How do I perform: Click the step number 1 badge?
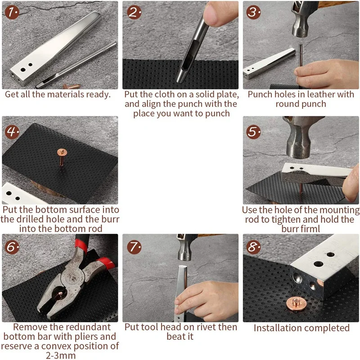pyautogui.click(x=12, y=12)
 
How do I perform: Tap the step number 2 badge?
pyautogui.click(x=134, y=12)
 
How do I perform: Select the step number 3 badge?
pyautogui.click(x=253, y=12)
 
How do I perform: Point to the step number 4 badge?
pyautogui.click(x=12, y=132)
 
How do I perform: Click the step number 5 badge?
pyautogui.click(x=253, y=132)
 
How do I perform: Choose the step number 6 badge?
pyautogui.click(x=12, y=247)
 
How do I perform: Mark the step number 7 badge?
pyautogui.click(x=134, y=247)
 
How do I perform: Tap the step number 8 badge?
pyautogui.click(x=253, y=247)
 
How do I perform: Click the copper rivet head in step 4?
pyautogui.click(x=62, y=152)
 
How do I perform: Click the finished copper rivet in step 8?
pyautogui.click(x=296, y=303)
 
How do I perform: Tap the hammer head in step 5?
pyautogui.click(x=299, y=138)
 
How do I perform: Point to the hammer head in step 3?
pyautogui.click(x=301, y=19)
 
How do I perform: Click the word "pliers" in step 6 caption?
pyautogui.click(x=86, y=337)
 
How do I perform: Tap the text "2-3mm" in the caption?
pyautogui.click(x=61, y=355)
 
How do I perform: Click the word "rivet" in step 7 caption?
pyautogui.click(x=215, y=327)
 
